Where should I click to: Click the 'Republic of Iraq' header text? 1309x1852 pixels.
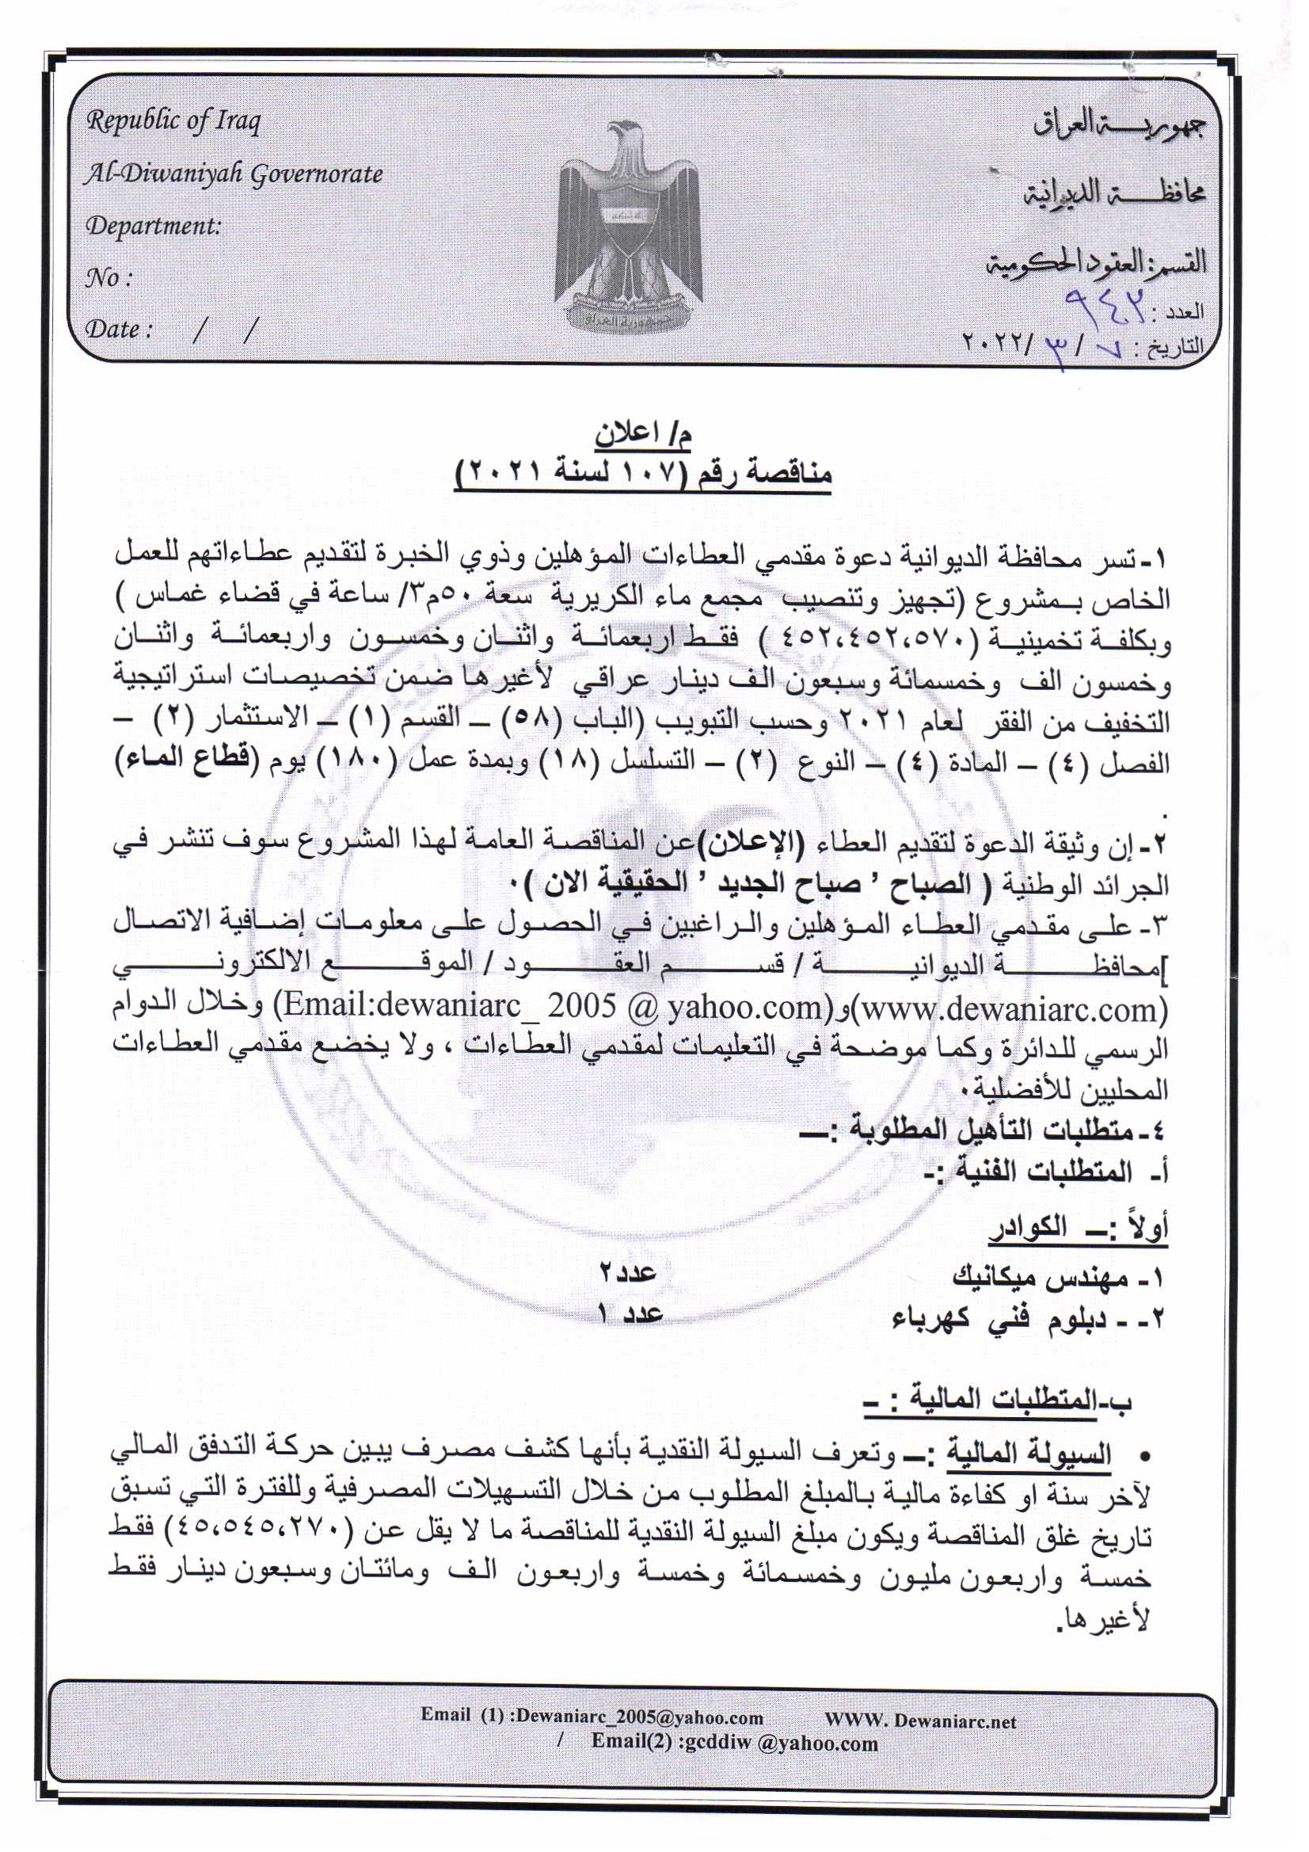[x=173, y=123]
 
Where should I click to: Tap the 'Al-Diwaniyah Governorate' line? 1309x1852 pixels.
[x=234, y=174]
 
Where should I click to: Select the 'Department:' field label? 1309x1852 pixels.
[x=154, y=226]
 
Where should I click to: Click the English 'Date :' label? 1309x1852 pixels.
[x=119, y=330]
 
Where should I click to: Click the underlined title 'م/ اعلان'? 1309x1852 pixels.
[x=644, y=434]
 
